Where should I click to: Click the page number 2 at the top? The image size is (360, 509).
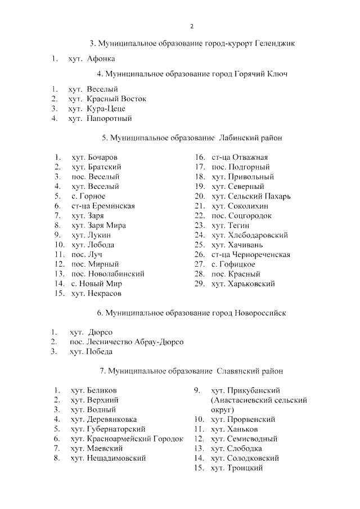coord(192,26)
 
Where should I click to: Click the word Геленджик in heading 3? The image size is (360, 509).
coord(276,43)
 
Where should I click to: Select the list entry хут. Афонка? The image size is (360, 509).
coord(92,58)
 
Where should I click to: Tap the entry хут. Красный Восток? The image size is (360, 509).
coord(107,99)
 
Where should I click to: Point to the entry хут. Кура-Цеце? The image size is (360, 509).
coord(96,109)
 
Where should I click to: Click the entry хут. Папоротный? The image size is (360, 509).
coord(100,119)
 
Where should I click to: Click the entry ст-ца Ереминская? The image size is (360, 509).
coord(103,206)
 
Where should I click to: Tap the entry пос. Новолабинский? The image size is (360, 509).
coord(108,274)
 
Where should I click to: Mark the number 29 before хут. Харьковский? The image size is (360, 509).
coord(199,284)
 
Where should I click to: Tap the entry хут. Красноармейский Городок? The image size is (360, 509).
coord(127,439)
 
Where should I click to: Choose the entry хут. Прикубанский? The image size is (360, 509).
coord(245,390)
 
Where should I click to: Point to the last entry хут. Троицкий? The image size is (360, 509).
coord(237,468)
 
